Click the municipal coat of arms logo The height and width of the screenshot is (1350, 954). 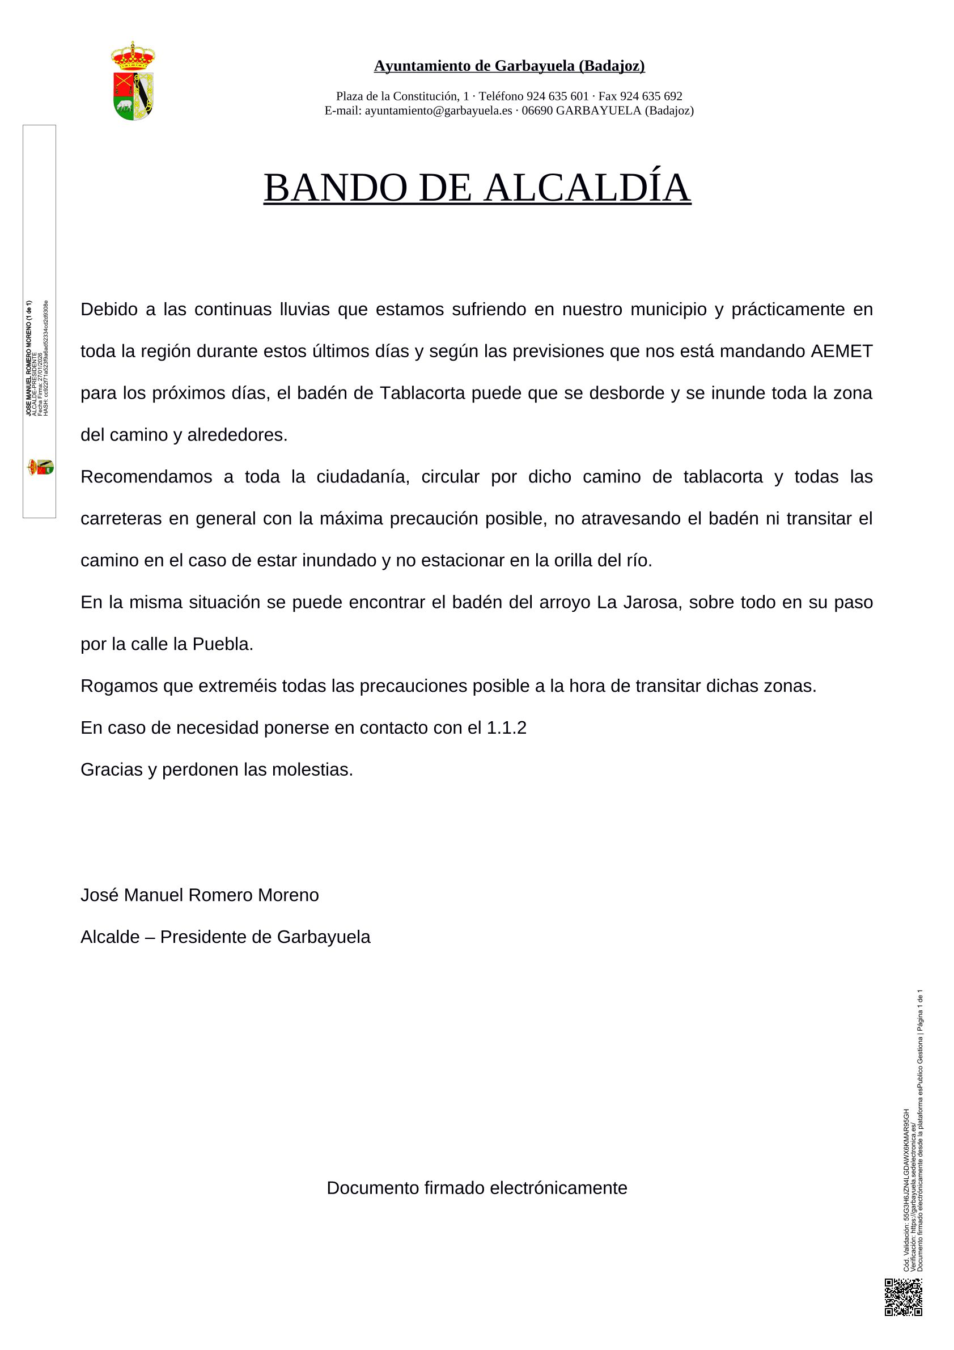(133, 81)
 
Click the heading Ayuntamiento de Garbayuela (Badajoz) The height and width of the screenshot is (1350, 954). (509, 66)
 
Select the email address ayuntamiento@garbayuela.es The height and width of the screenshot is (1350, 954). (438, 111)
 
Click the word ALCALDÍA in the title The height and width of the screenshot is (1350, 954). (587, 188)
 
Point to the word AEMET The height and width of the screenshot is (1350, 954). (841, 351)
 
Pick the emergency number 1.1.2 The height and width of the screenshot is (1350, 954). (506, 727)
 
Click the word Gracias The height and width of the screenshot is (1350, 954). (112, 769)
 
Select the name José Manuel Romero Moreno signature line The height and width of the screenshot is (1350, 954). (200, 895)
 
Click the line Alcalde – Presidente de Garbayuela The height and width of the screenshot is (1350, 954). (225, 937)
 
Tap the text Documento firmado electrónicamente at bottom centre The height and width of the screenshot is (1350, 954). (477, 1188)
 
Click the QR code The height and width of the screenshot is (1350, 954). (904, 1297)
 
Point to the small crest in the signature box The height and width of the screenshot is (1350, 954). (41, 467)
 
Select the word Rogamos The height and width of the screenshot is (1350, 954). (115, 685)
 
